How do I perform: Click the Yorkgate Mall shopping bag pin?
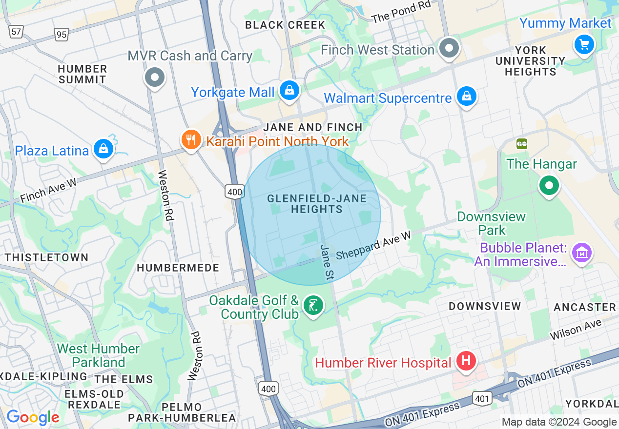click(x=289, y=91)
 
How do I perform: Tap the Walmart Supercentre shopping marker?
click(x=466, y=97)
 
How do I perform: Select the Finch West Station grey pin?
click(x=449, y=48)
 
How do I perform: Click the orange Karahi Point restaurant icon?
click(x=191, y=140)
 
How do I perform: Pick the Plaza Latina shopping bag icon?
click(x=103, y=149)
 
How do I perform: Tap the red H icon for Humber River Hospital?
click(x=466, y=362)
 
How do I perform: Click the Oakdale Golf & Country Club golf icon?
click(x=313, y=306)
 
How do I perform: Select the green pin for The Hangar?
click(x=549, y=186)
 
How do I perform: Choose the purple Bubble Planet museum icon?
click(x=582, y=253)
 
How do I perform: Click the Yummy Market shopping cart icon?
click(x=584, y=45)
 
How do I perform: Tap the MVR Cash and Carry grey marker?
click(x=155, y=77)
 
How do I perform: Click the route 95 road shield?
click(x=61, y=35)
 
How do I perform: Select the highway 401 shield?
click(x=482, y=399)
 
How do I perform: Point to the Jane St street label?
click(x=327, y=262)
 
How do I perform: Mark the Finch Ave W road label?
click(x=49, y=191)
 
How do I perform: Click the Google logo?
click(x=33, y=417)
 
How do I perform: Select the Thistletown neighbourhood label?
click(x=47, y=257)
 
